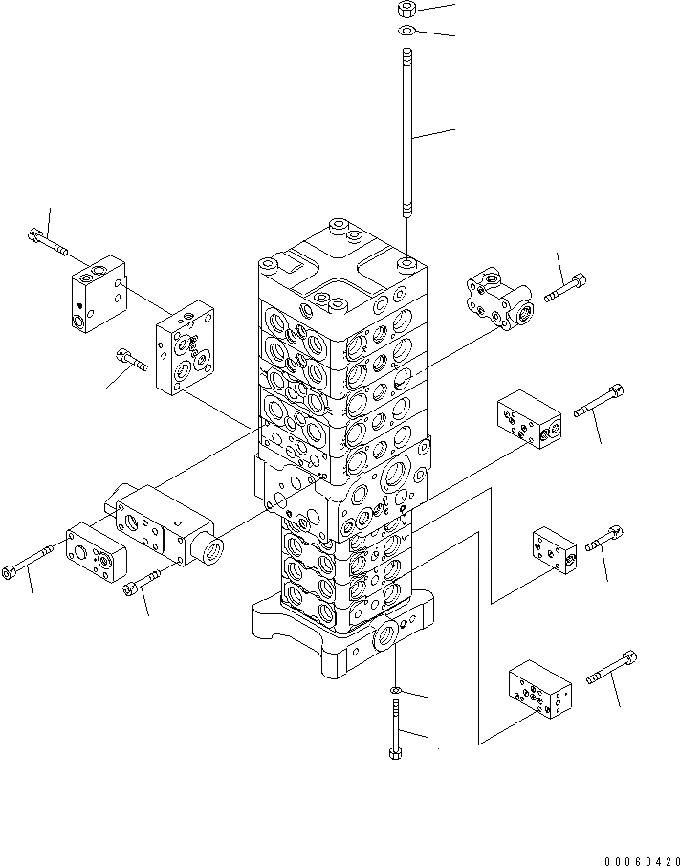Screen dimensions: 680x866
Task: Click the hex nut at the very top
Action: pos(406,9)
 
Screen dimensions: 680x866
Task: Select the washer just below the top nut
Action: pos(406,30)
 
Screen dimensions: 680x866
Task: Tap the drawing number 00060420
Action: pos(641,860)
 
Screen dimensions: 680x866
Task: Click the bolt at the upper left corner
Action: pos(47,243)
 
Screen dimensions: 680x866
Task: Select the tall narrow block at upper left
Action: pos(99,294)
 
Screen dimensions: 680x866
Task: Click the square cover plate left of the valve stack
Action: pos(185,348)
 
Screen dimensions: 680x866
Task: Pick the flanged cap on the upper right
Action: pos(499,300)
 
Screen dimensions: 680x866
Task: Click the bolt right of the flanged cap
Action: pos(565,288)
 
